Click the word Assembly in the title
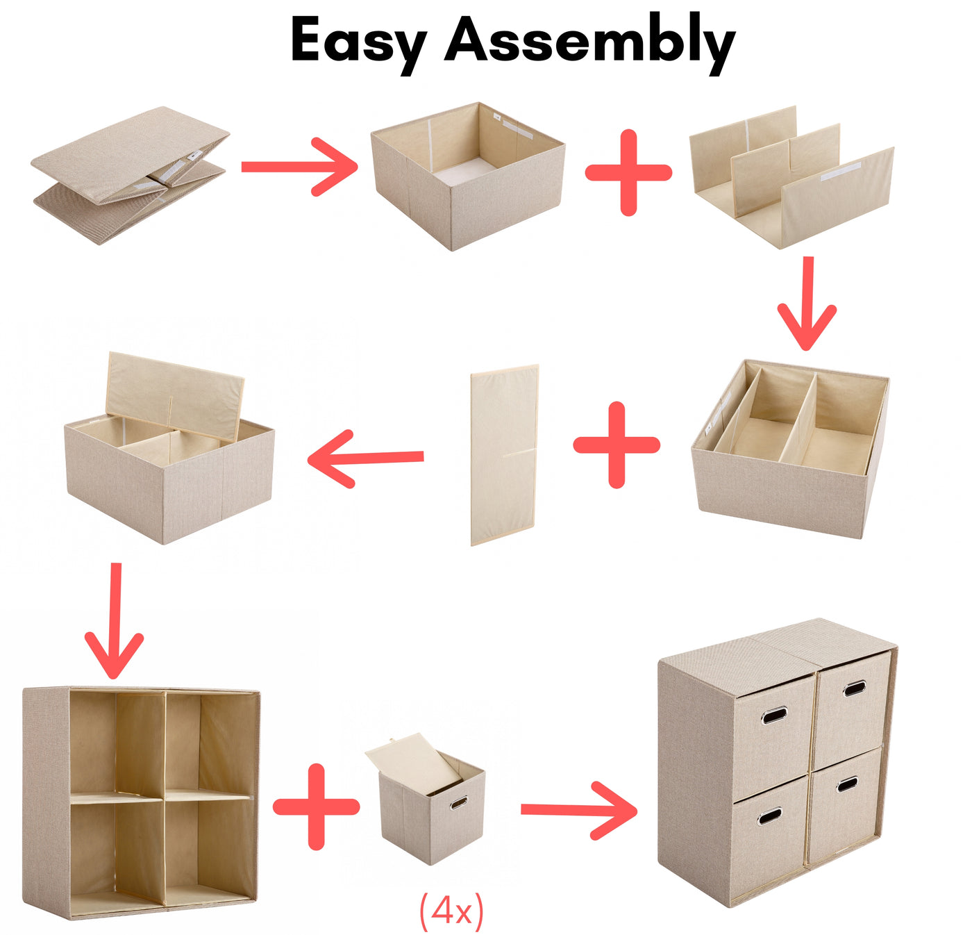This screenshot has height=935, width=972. point(590,44)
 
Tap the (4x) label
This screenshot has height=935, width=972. point(451,911)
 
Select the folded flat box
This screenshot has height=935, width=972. point(130,175)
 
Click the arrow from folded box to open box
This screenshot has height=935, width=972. point(300,167)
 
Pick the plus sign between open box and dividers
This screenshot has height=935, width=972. point(628,172)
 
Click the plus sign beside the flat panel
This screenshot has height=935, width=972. point(617,445)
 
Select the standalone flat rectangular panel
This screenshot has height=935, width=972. point(505,455)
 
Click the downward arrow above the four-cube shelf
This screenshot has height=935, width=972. point(115,620)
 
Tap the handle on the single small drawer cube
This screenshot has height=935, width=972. point(459,804)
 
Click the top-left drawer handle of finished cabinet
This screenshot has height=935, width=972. point(774,716)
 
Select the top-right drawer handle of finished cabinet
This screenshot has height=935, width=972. point(854,688)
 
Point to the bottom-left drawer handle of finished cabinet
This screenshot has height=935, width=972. point(769,817)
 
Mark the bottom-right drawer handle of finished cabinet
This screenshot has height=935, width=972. point(847,785)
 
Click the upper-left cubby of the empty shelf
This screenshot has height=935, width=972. point(118,742)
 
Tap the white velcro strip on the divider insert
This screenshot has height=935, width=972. point(841,171)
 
